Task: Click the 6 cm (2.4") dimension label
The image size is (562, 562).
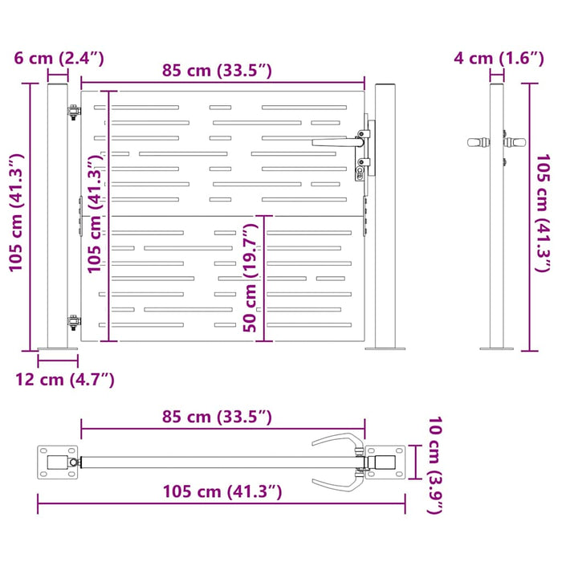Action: [x=59, y=58]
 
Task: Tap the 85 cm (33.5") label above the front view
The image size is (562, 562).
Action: [x=217, y=70]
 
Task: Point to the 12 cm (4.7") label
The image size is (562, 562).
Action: [x=65, y=380]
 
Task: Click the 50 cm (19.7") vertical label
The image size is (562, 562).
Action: [x=250, y=278]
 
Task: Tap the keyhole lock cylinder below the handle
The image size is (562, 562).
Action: [x=360, y=170]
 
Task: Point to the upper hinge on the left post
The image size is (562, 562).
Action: [x=73, y=112]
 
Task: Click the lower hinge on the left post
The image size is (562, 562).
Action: [x=73, y=322]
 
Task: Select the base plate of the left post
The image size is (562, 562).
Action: [x=59, y=348]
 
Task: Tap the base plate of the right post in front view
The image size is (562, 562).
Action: [x=386, y=348]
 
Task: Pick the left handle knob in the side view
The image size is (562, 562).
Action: [x=478, y=142]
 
